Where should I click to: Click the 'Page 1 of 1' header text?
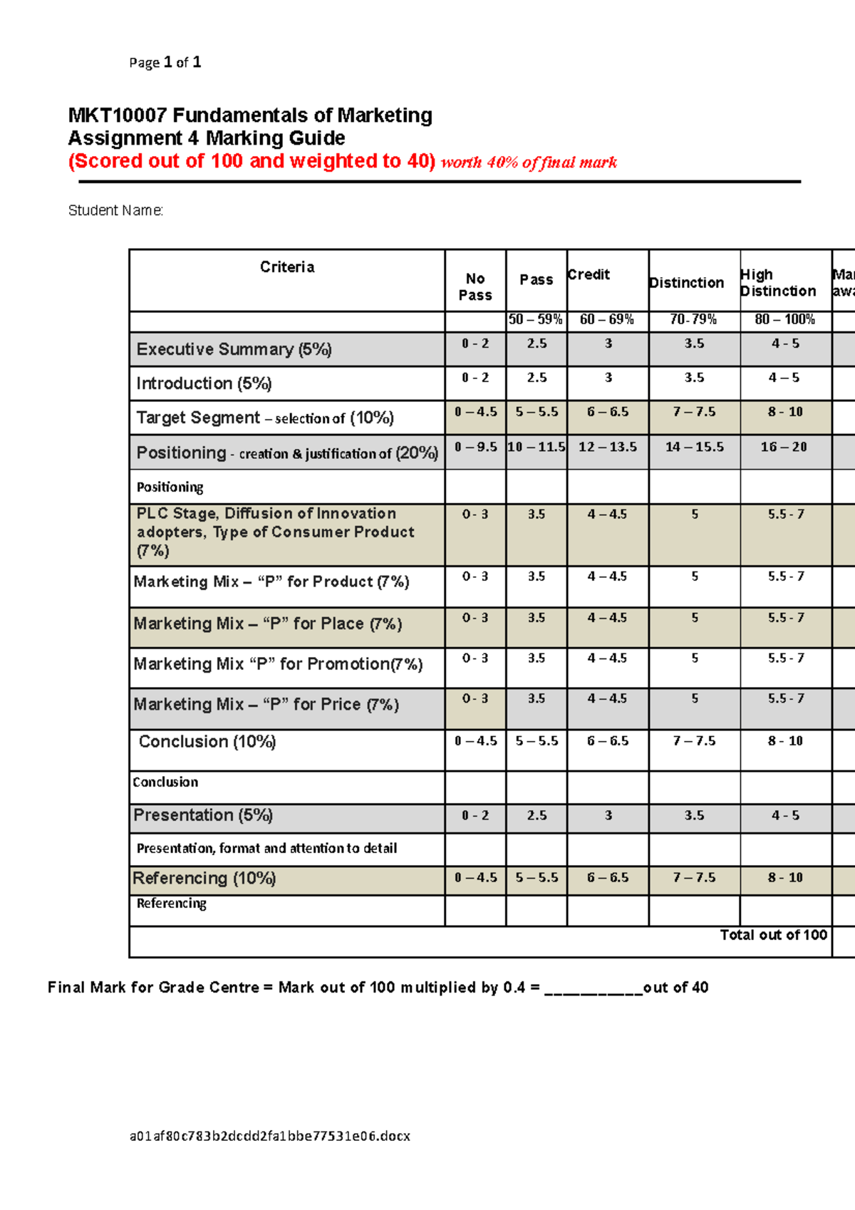click(165, 63)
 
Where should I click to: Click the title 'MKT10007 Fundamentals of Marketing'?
click(250, 115)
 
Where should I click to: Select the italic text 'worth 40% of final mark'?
click(529, 162)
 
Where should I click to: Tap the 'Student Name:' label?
click(115, 210)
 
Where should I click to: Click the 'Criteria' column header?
click(286, 267)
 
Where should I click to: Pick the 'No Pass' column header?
click(475, 286)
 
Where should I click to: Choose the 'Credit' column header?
click(589, 274)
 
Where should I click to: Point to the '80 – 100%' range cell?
click(785, 319)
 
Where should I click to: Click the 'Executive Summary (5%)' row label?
click(234, 349)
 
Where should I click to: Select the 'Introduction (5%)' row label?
click(204, 383)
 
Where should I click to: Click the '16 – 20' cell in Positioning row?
click(784, 447)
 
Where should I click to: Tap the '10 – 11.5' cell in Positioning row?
click(537, 447)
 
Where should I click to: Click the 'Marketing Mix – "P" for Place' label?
click(267, 624)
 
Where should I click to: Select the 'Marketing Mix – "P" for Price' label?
click(266, 704)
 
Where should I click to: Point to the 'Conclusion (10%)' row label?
click(207, 741)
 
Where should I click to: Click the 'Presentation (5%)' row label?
click(203, 815)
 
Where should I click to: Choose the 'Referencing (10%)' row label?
click(204, 878)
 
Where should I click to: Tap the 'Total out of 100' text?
click(773, 935)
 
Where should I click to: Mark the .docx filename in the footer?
click(270, 1136)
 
